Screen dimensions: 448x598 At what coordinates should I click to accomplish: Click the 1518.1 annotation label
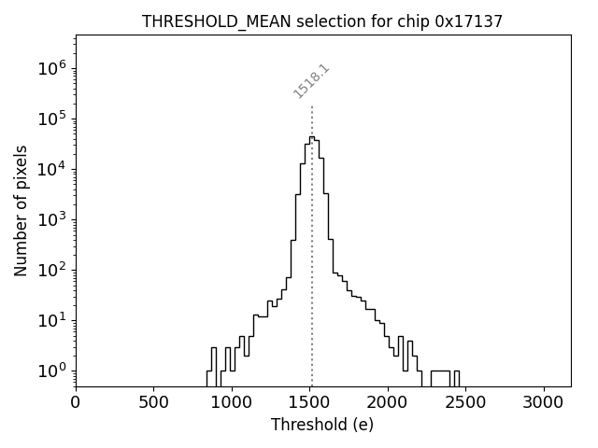point(312,81)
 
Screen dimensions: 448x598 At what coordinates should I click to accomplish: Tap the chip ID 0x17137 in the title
point(468,21)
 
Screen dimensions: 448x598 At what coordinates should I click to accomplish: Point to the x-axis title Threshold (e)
point(322,425)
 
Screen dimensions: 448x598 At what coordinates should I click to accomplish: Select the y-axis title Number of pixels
point(21,210)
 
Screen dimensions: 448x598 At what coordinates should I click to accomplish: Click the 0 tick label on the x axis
point(76,401)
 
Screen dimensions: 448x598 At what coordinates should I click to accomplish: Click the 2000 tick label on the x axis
point(389,401)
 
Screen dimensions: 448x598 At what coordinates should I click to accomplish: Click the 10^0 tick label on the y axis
point(52,371)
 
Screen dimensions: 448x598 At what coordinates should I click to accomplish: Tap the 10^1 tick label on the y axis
point(52,320)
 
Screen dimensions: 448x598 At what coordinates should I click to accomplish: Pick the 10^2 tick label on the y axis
point(52,270)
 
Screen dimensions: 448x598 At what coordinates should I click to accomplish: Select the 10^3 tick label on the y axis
point(52,219)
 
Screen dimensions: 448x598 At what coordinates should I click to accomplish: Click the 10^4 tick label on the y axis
point(52,169)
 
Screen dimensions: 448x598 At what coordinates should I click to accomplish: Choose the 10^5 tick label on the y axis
point(52,119)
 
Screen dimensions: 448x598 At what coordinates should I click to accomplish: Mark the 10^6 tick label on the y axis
point(52,68)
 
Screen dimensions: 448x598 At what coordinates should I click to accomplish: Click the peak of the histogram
point(312,137)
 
